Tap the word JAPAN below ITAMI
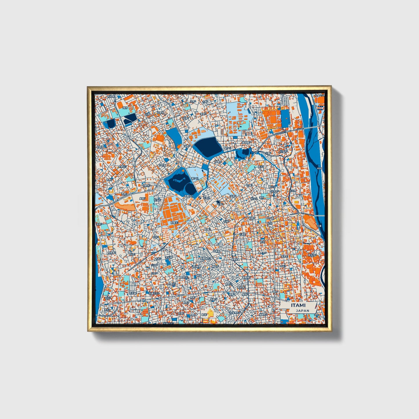click(x=302, y=311)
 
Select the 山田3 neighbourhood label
click(x=154, y=273)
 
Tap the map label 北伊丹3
click(x=283, y=151)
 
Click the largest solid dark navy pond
click(x=208, y=146)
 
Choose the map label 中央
click(x=270, y=223)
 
